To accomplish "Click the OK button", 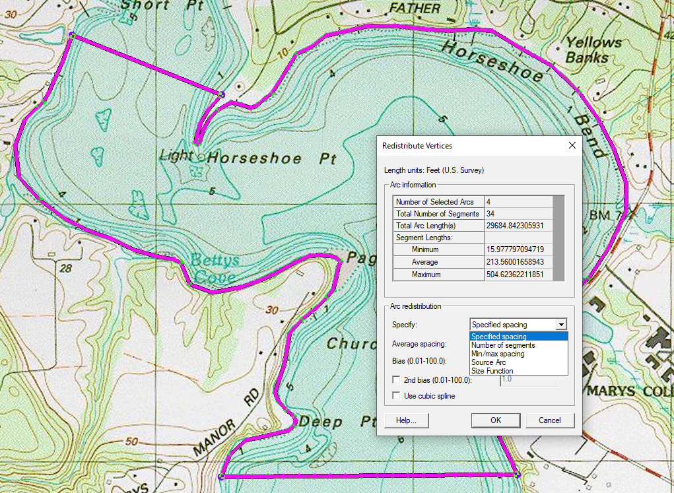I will (496, 420).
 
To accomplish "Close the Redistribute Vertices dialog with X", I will (572, 145).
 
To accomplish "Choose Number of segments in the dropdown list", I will (503, 345).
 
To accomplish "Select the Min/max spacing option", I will (498, 354).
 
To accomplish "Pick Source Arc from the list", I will (489, 362).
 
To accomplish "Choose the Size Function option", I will (492, 371).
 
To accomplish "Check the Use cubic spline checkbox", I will (396, 396).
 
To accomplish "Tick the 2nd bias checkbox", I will (396, 380).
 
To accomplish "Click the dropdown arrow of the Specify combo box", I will (561, 325).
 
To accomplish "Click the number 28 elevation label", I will (65, 269).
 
